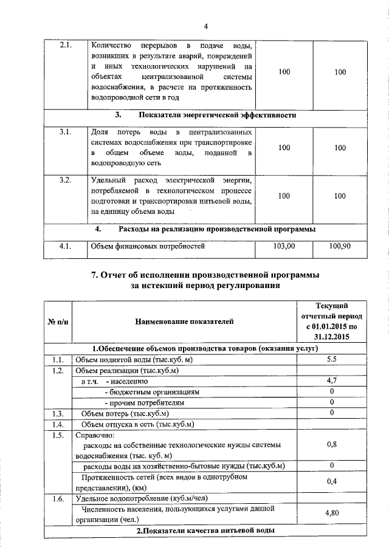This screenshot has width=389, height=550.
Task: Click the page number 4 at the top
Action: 205,26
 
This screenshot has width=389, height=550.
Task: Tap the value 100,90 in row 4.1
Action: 340,246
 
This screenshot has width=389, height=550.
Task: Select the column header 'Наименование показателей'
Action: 184,321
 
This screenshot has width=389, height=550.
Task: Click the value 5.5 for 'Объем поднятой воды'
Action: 332,359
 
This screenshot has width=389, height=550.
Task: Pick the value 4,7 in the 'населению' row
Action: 332,381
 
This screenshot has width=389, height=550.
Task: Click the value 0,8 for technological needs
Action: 332,444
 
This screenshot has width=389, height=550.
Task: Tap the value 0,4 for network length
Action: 332,481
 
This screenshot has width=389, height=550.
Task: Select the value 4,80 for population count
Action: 332,513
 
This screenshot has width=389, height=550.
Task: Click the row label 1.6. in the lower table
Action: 58,498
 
